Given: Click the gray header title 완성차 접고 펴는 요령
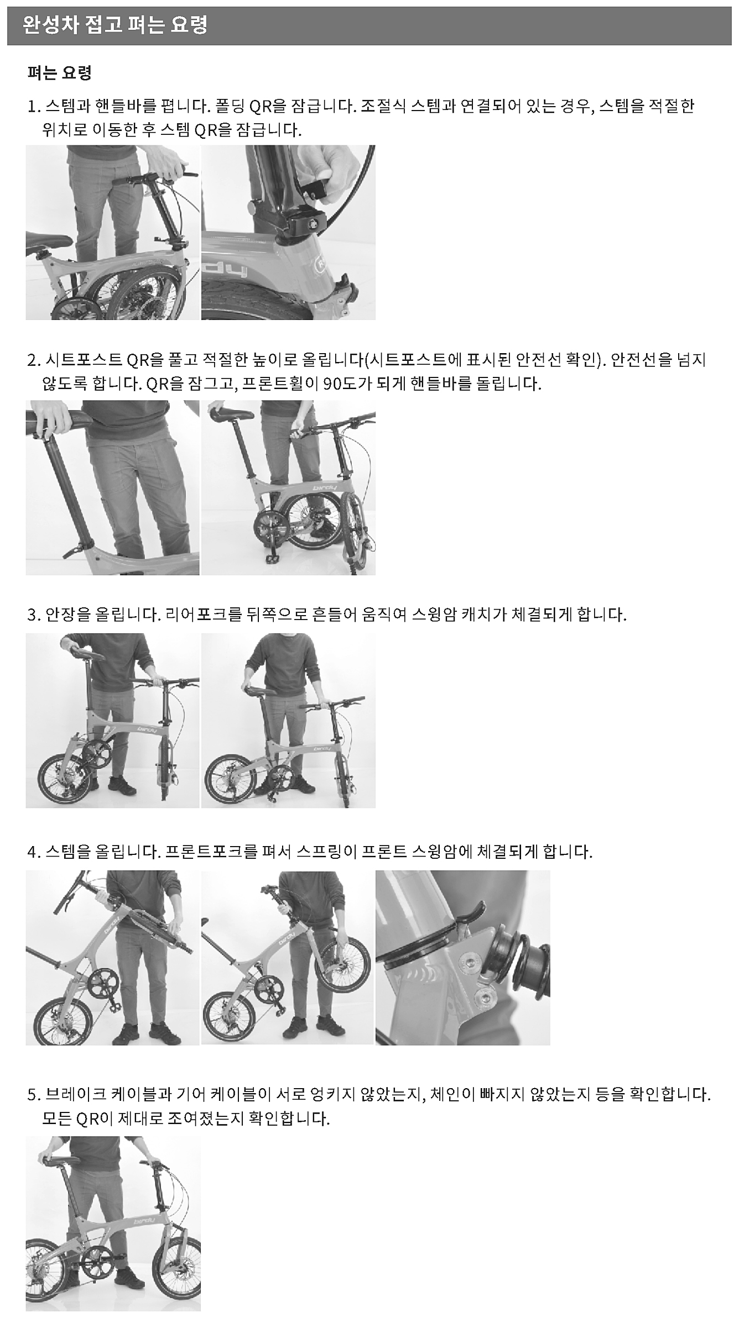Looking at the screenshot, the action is [115, 25].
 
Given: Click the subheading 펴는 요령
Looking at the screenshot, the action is [59, 72].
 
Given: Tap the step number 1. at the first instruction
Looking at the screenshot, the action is [34, 106].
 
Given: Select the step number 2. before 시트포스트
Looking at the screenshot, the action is [34, 360].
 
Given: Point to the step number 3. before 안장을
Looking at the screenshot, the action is [34, 615].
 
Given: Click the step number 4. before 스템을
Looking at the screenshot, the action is [34, 852].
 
